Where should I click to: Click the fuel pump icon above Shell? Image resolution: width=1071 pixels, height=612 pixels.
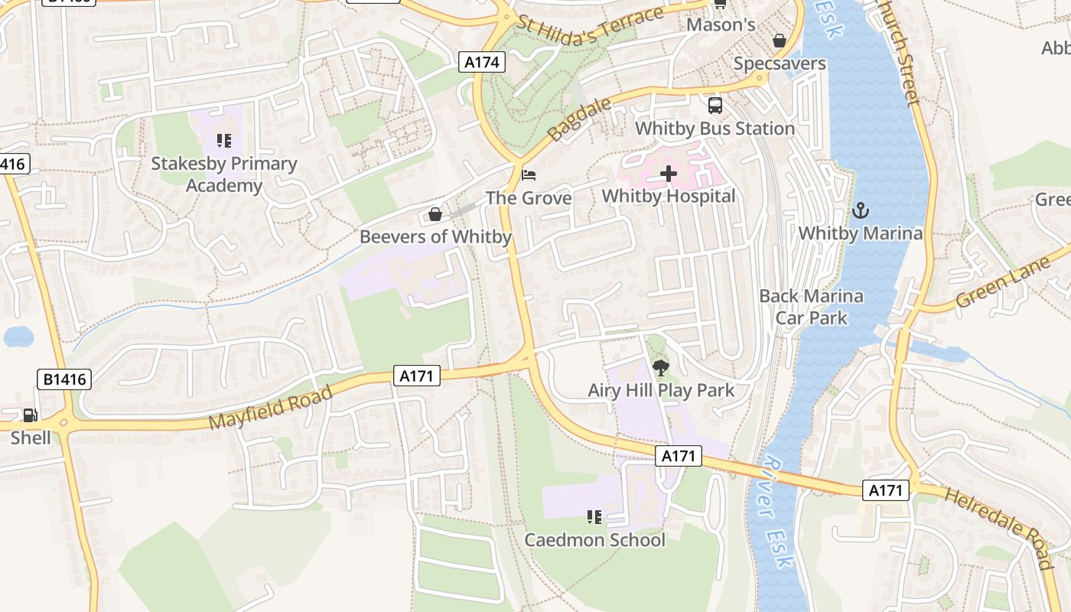(31, 415)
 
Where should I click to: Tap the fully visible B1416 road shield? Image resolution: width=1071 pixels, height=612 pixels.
(64, 379)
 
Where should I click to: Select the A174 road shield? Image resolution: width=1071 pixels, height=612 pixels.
(483, 62)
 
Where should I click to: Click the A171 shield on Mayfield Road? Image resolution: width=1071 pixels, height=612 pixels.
(417, 375)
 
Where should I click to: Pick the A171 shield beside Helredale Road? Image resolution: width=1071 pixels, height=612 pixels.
(886, 490)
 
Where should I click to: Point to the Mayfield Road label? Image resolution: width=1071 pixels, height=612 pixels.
(271, 409)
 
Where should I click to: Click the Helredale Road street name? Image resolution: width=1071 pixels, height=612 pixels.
(999, 527)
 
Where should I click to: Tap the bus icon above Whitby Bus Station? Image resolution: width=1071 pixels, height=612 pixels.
(715, 106)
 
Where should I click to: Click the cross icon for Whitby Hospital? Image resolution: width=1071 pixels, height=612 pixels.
(669, 174)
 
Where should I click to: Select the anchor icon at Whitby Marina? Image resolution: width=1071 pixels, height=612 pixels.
(861, 210)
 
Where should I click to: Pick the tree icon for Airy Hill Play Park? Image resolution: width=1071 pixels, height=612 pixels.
(661, 368)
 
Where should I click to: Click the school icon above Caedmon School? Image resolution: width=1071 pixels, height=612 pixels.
(594, 517)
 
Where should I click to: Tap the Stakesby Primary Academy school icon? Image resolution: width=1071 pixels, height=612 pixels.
(223, 141)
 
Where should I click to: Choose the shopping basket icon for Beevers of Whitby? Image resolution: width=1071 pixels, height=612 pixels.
(435, 214)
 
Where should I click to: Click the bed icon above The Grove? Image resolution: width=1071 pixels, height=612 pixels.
(529, 175)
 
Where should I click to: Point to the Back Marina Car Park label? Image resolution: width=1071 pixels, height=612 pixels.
(811, 307)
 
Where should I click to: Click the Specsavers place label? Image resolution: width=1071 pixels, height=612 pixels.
(780, 63)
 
